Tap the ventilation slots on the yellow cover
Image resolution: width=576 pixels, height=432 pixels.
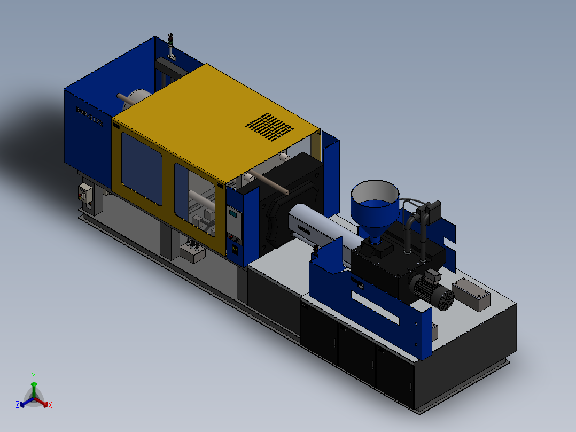pyautogui.click(x=269, y=127)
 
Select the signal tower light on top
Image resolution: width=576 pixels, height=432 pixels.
pyautogui.click(x=171, y=45)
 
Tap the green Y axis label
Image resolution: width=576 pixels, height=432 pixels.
pyautogui.click(x=33, y=375)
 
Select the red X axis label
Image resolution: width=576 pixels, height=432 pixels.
pyautogui.click(x=50, y=405)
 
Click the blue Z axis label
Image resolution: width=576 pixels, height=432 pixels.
pyautogui.click(x=17, y=405)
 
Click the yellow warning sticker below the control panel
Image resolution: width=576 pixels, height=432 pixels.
pyautogui.click(x=233, y=249)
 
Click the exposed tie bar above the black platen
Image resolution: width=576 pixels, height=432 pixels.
pyautogui.click(x=270, y=183)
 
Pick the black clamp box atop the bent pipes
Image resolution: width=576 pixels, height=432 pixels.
pyautogui.click(x=430, y=210)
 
